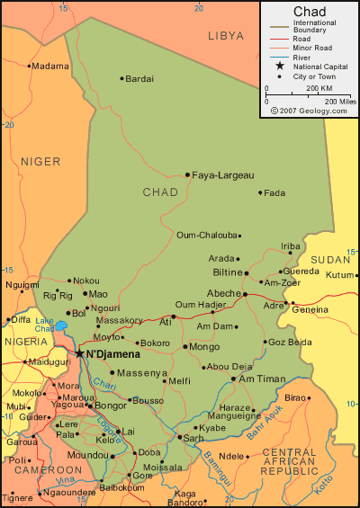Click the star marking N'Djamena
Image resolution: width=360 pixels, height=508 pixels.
(79, 353)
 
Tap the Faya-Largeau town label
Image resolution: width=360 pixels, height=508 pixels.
(223, 174)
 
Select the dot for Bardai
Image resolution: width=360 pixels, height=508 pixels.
(121, 78)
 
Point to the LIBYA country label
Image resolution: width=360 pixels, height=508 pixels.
(226, 36)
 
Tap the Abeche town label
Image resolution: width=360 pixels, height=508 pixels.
(223, 293)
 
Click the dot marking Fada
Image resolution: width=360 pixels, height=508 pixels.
(260, 192)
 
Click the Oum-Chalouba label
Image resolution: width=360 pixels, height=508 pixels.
(206, 236)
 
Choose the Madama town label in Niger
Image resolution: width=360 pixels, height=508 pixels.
(50, 66)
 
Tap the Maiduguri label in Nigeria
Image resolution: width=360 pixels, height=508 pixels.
(49, 362)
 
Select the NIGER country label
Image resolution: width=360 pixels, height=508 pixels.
(40, 162)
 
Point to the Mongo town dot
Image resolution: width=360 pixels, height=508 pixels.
(184, 346)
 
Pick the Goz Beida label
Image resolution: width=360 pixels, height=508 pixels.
(290, 342)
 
